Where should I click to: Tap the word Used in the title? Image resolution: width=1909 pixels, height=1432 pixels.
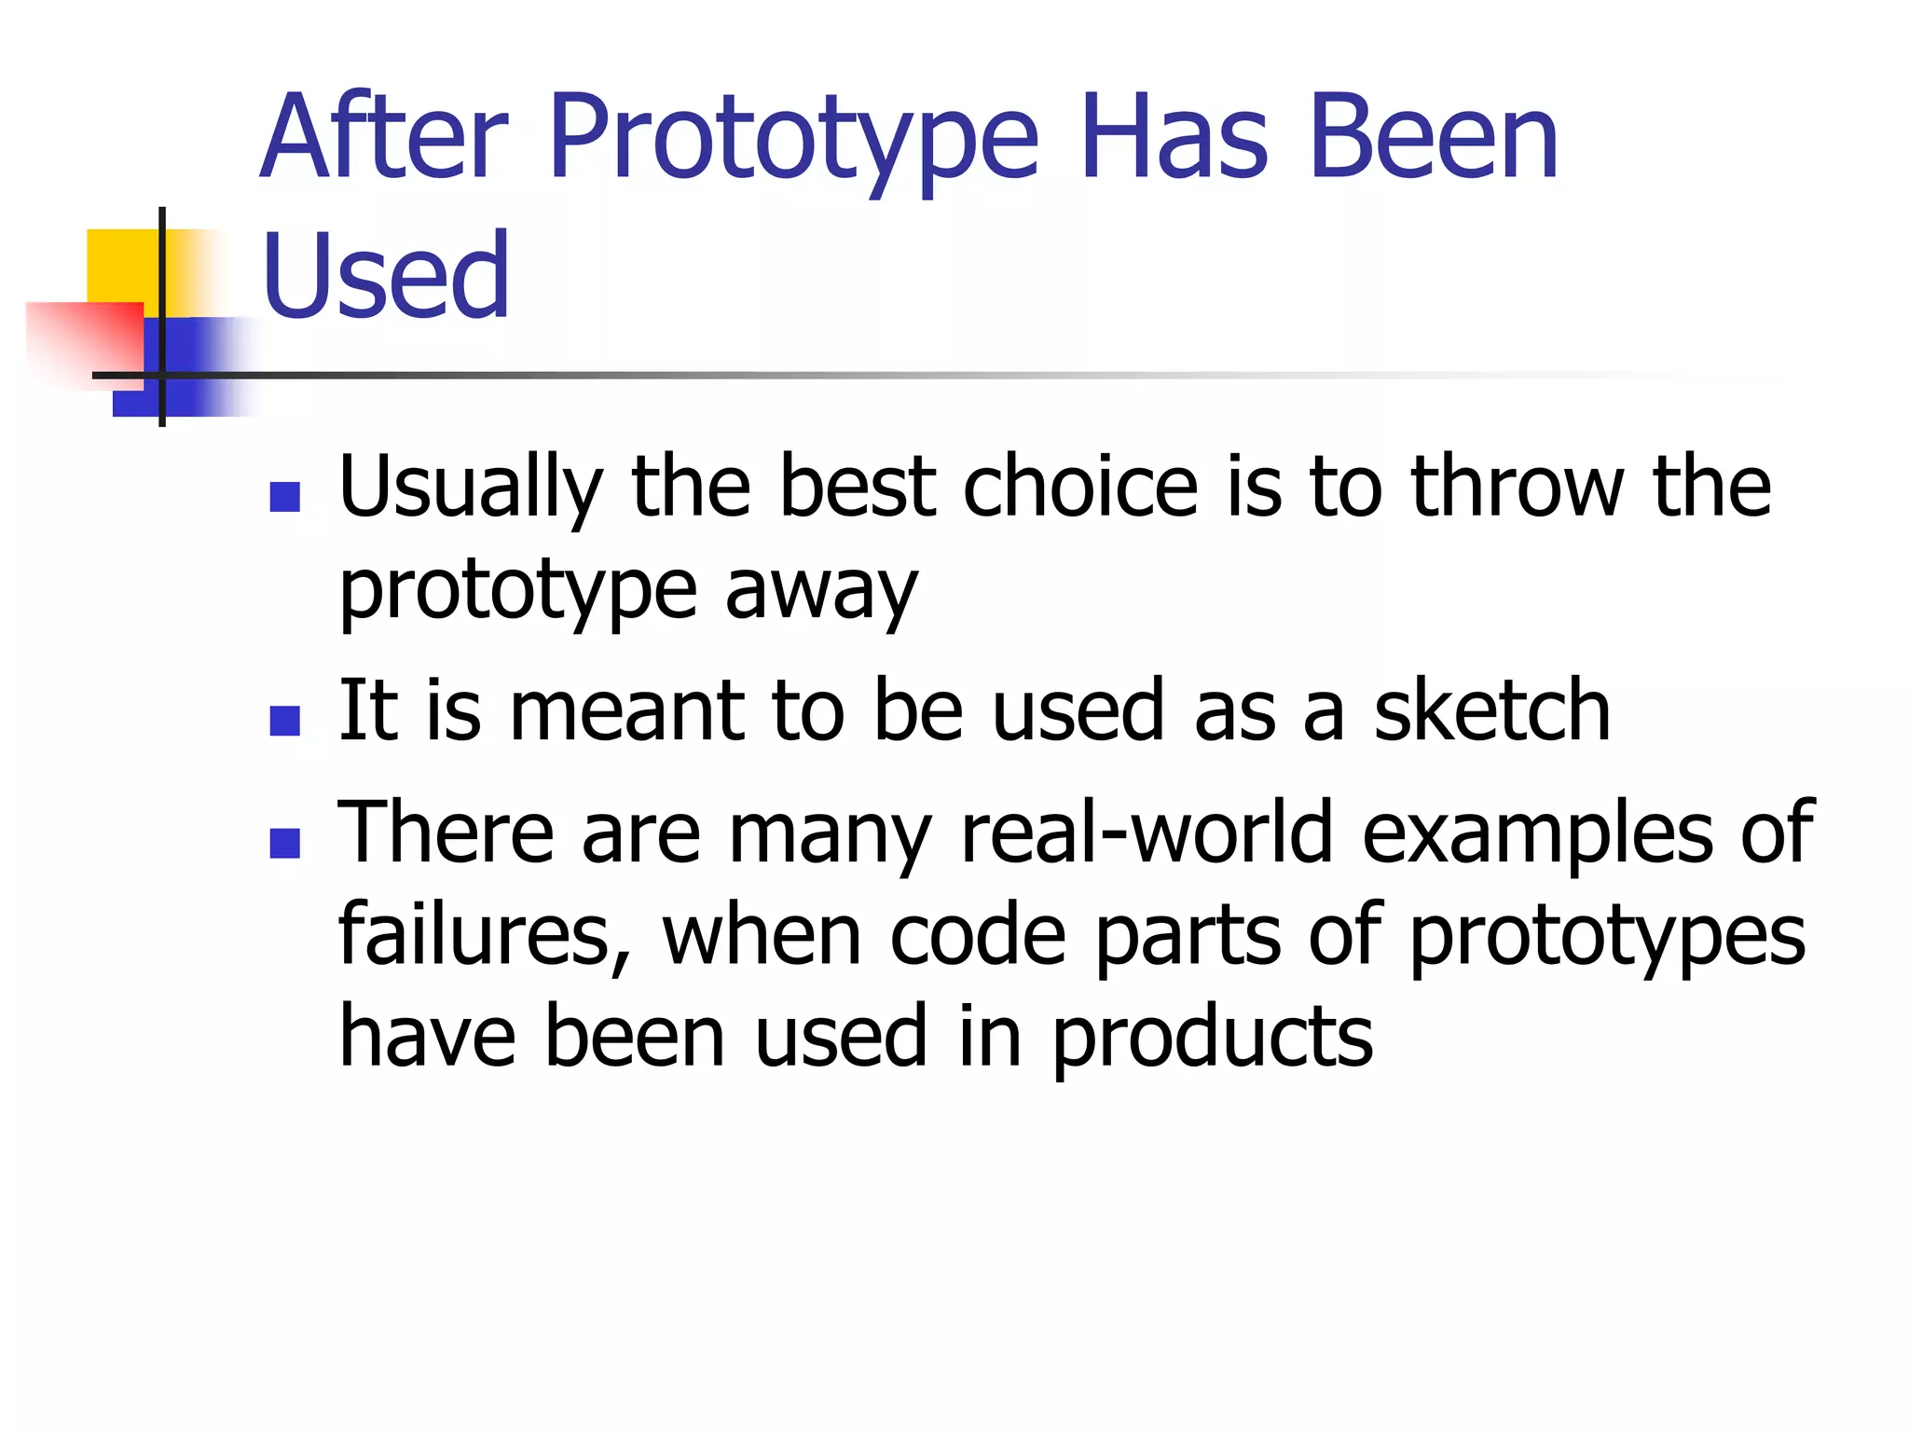click(x=386, y=276)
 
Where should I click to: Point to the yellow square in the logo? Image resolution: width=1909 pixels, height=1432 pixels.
click(x=121, y=265)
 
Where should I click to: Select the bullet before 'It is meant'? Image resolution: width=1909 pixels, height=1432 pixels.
click(x=284, y=721)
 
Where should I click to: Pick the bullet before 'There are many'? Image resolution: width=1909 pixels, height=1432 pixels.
click(x=284, y=843)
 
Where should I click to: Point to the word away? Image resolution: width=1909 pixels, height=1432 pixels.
click(x=821, y=592)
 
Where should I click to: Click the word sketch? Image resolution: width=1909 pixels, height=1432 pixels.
click(x=1491, y=711)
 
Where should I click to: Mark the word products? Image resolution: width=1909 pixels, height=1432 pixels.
click(x=1212, y=1039)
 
